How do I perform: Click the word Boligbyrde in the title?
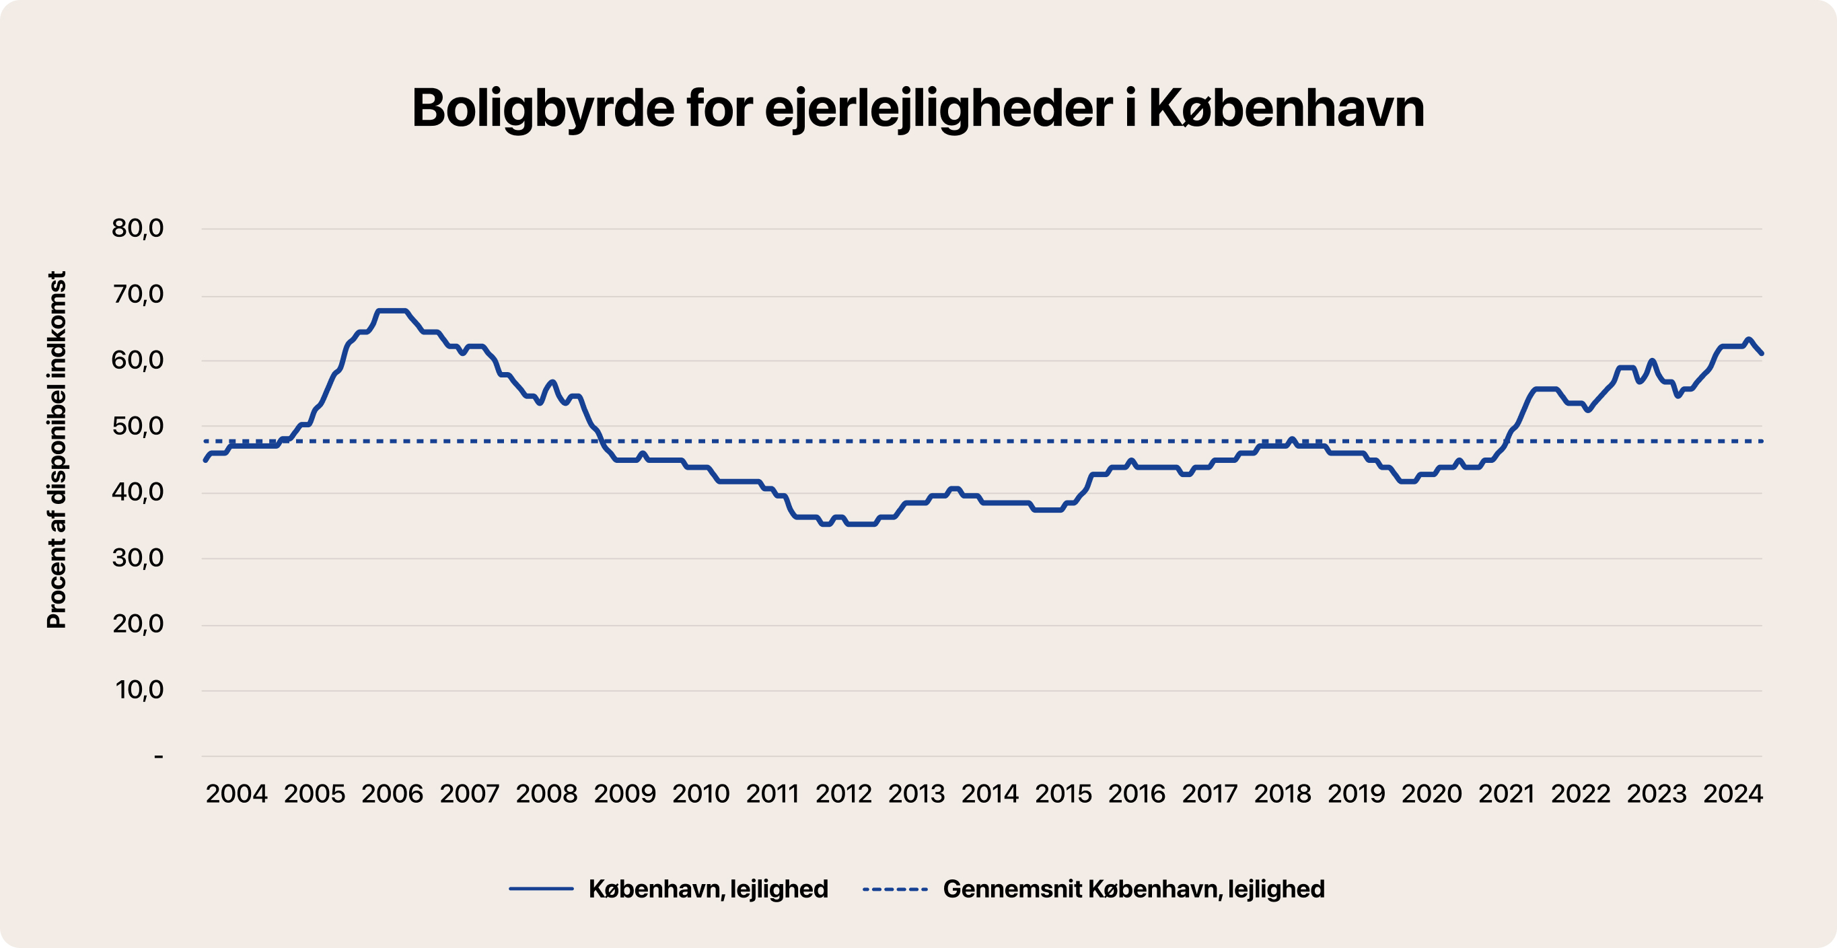coord(542,109)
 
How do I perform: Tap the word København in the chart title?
coord(1287,109)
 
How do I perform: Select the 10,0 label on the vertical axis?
coord(139,689)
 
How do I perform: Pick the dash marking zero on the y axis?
coord(158,756)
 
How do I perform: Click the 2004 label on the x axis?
coord(236,793)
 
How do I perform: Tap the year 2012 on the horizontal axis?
coord(844,793)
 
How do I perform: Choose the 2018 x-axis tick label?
coord(1282,793)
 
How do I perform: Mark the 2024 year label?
coord(1733,793)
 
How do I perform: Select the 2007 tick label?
coord(469,793)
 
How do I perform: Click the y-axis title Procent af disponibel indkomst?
coord(57,449)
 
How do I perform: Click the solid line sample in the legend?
coord(541,889)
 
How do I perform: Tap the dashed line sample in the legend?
coord(895,889)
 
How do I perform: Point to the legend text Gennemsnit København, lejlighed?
coord(1133,889)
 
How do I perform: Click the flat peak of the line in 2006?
coord(392,311)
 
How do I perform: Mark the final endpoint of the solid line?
coord(1762,353)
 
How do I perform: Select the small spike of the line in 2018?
coord(1291,439)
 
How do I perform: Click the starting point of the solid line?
coord(205,460)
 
